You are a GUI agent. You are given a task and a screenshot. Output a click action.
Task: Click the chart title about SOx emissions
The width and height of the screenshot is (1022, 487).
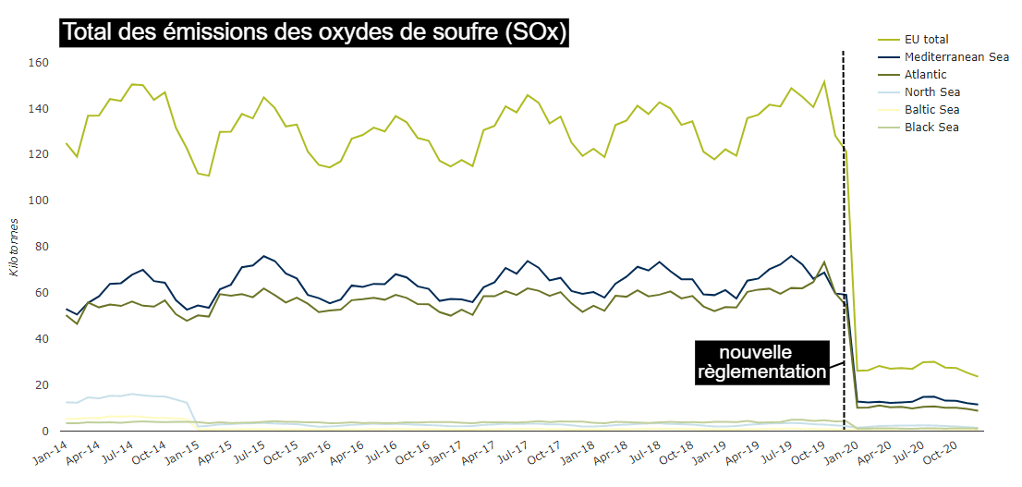pyautogui.click(x=314, y=33)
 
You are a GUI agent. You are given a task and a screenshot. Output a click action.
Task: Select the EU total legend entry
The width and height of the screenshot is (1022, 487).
pyautogui.click(x=927, y=40)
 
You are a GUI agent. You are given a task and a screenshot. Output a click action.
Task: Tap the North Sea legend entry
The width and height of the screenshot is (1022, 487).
pyautogui.click(x=932, y=91)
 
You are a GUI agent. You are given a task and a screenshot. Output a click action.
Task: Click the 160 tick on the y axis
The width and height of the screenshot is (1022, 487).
pyautogui.click(x=38, y=62)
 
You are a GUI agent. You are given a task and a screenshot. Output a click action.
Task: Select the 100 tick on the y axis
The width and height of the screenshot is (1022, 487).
pyautogui.click(x=38, y=200)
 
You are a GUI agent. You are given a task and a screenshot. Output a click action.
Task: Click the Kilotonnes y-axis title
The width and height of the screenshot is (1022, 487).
pyautogui.click(x=13, y=247)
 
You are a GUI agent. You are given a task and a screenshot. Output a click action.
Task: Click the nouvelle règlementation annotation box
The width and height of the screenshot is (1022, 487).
pyautogui.click(x=761, y=362)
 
